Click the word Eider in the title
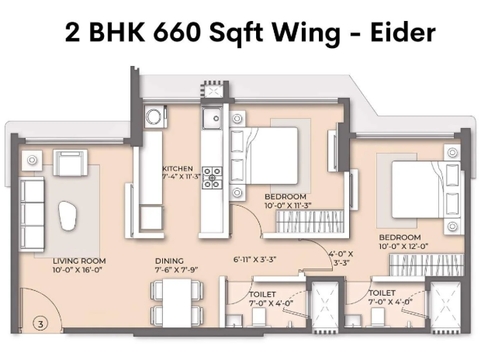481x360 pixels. pos(403,32)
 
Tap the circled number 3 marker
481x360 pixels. pos(40,324)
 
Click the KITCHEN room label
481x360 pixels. pos(178,168)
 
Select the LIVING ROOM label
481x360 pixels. pos(79,261)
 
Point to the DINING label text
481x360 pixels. pos(169,261)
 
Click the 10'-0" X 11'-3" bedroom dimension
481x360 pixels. pos(288,206)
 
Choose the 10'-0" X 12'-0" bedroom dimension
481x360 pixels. pos(403,247)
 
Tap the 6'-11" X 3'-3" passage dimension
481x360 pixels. pos(255,260)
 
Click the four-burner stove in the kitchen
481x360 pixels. pos(212,178)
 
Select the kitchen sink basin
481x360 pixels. pos(211,118)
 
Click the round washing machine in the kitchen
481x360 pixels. pos(154,116)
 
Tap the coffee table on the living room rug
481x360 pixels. pos(68,216)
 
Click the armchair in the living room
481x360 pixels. pos(71,163)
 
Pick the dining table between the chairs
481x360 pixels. pos(177,303)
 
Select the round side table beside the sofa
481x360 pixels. pos(32,160)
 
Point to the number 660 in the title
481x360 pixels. pos(176,33)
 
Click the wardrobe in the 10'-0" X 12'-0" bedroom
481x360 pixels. pos(427,265)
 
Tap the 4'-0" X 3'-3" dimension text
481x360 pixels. pos(341,258)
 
